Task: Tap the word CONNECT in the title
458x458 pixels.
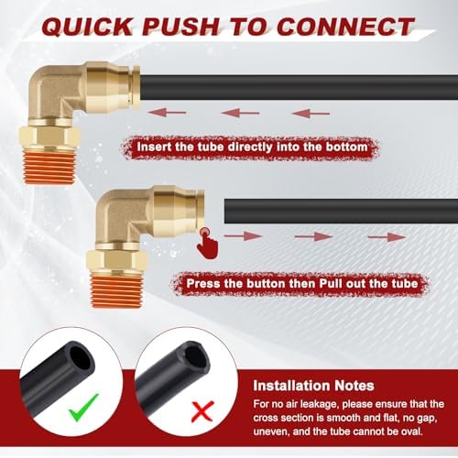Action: (345, 27)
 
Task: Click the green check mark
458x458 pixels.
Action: (83, 408)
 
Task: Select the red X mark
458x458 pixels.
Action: (202, 411)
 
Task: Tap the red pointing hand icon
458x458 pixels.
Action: (207, 244)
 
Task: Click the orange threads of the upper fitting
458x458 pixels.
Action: (49, 168)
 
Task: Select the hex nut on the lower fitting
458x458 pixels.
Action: (117, 261)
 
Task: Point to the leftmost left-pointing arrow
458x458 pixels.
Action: (167, 113)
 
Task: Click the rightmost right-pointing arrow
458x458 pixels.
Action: (387, 236)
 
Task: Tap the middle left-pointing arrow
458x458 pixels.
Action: (240, 113)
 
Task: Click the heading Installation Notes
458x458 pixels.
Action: (313, 386)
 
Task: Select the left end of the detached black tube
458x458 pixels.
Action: (225, 212)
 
